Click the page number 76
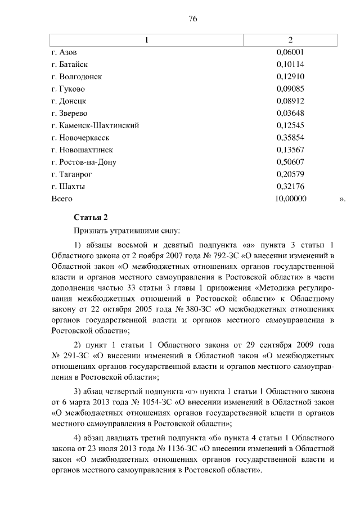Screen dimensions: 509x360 click(192, 19)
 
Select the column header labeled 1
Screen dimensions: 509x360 click(147, 40)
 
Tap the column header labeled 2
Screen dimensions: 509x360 click(290, 40)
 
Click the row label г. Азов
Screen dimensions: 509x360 click(64, 52)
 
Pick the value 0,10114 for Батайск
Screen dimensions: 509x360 click(290, 64)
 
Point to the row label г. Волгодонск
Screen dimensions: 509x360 click(76, 76)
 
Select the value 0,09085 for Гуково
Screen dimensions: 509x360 click(290, 89)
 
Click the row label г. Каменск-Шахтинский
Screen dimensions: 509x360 click(94, 125)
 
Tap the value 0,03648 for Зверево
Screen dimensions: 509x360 click(290, 113)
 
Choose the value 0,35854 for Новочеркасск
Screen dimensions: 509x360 click(290, 138)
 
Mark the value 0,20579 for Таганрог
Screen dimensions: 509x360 click(290, 174)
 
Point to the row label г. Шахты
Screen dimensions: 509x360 click(67, 186)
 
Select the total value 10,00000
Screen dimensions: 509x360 click(290, 199)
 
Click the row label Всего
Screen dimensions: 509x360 click(62, 199)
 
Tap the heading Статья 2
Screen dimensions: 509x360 click(90, 217)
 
